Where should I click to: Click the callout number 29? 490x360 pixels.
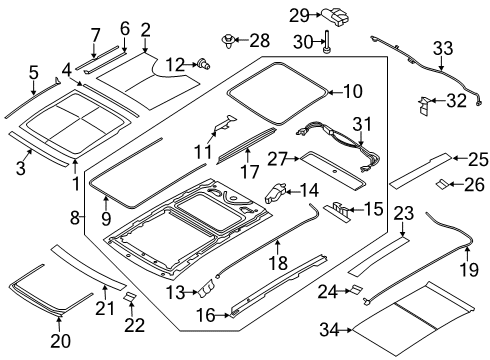[297, 15]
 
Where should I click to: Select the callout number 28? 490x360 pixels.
[259, 40]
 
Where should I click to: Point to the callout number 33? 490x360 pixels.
[441, 46]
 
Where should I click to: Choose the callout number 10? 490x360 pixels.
[353, 92]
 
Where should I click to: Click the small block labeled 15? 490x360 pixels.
[340, 210]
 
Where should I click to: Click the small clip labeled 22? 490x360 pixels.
[129, 297]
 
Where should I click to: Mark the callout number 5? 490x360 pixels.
[33, 72]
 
